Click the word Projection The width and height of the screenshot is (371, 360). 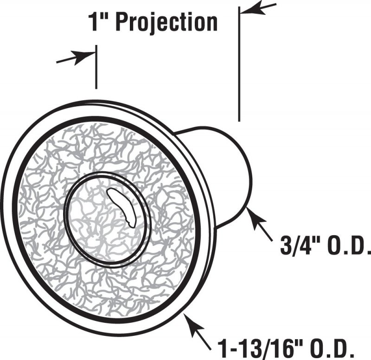(167, 23)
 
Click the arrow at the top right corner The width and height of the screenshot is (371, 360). (258, 8)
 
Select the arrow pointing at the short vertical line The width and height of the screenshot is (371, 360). (76, 57)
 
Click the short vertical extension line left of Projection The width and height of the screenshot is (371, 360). (96, 67)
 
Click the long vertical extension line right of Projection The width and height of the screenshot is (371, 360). (239, 64)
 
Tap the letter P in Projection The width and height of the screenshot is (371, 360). (122, 22)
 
